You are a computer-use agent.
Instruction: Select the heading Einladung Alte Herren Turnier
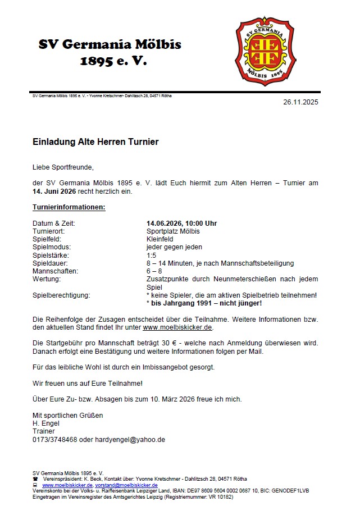[95, 143]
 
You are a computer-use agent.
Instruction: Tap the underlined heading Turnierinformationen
[69, 208]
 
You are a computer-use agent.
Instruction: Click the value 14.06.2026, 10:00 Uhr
[181, 224]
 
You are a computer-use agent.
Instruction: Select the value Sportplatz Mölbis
[173, 231]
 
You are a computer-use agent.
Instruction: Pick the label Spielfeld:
[48, 239]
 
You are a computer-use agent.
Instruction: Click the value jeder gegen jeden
[174, 247]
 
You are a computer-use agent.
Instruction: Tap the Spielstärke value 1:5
[152, 255]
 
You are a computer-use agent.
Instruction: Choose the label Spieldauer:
[51, 263]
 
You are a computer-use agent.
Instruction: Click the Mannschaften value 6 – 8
[154, 271]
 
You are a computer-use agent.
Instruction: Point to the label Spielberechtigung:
[61, 295]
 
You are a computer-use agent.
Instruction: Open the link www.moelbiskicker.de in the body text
[177, 327]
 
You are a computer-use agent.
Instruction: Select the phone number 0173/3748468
[55, 440]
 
